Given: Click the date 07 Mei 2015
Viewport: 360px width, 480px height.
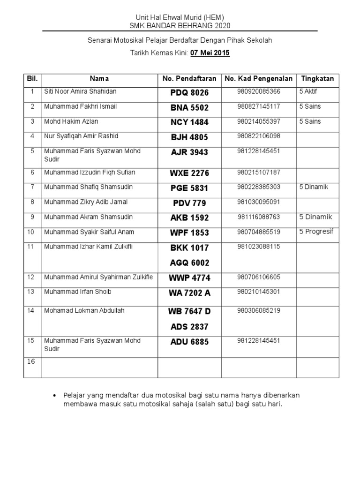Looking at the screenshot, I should [210, 53].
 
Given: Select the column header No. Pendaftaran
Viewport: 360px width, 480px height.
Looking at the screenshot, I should [189, 79].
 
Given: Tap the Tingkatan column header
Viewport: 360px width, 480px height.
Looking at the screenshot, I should [317, 79].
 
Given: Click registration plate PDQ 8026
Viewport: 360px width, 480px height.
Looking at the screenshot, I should [189, 93].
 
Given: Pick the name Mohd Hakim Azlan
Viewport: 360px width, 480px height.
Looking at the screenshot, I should [71, 121].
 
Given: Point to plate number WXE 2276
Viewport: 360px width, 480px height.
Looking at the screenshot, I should [189, 173].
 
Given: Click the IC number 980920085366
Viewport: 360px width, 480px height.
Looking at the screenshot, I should [259, 92].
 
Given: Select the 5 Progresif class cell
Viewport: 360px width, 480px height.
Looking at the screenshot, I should [316, 232].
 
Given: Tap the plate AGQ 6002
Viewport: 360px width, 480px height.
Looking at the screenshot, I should [190, 263].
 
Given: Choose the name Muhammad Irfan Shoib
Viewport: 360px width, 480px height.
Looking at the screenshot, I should [77, 292].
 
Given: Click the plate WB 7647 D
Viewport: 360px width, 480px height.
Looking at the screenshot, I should [190, 312].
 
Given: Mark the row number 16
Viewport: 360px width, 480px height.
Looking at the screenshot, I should [31, 361].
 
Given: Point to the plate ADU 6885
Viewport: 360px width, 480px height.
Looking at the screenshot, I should [190, 342].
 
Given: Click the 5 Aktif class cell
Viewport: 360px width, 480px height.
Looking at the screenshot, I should [308, 92].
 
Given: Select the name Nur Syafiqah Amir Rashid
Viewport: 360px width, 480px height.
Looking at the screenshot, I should [81, 136].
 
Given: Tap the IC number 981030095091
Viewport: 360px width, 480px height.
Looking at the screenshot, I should [259, 202].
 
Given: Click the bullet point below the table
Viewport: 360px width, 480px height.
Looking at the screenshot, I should [57, 396].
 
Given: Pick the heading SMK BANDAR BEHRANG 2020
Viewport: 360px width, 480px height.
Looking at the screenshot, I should [180, 25].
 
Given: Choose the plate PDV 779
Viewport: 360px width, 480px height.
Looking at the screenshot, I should [189, 203].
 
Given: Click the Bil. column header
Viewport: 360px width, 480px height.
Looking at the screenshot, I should [32, 79].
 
